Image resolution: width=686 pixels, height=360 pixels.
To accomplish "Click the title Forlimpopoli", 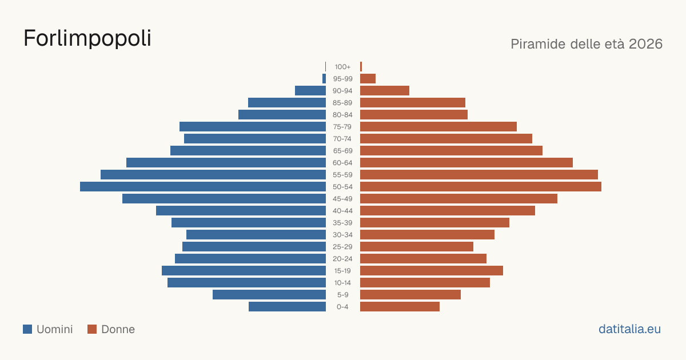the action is (x=87, y=38).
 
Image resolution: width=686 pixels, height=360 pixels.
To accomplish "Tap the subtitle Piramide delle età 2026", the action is (x=587, y=44).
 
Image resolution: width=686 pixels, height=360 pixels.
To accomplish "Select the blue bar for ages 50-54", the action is (x=203, y=187).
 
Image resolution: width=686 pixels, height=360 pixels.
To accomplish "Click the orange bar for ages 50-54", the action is (x=481, y=187).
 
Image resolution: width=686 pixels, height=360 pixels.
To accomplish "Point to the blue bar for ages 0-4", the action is (x=287, y=307).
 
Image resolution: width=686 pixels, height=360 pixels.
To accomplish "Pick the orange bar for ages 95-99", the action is (x=368, y=79).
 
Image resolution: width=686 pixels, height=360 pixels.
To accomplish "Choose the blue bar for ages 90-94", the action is (x=310, y=91).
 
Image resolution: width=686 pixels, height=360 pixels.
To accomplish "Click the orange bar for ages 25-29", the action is (x=417, y=247).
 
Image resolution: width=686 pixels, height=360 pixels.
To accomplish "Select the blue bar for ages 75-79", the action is (x=253, y=127).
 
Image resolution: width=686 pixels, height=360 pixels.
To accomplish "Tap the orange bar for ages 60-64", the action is (x=466, y=162).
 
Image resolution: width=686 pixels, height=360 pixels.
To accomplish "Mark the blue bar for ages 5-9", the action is (x=269, y=295).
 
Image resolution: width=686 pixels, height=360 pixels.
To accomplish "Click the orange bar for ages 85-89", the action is (x=413, y=102).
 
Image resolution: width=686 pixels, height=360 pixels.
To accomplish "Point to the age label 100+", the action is (x=342, y=67).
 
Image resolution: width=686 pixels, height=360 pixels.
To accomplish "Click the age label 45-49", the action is (x=342, y=199).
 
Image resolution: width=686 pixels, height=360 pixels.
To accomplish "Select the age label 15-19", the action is (x=342, y=271).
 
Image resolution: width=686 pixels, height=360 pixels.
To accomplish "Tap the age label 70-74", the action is (x=342, y=139).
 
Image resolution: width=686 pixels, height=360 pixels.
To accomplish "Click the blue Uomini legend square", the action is (x=27, y=329).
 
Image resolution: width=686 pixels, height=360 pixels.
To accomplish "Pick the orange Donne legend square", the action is (x=92, y=329).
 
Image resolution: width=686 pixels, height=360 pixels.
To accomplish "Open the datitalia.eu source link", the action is (x=629, y=329).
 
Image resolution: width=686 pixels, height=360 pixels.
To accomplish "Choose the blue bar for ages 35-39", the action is (x=249, y=223).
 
